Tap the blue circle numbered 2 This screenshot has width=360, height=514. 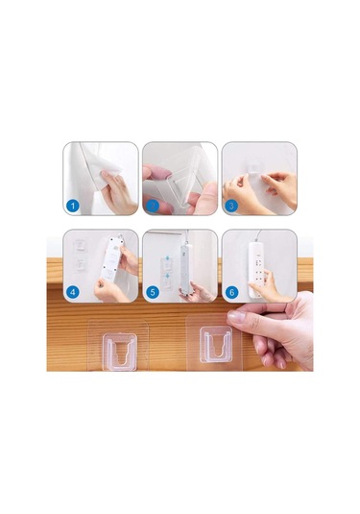[152, 206]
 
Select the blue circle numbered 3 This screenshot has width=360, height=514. [231, 206]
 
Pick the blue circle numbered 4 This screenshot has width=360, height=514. [72, 292]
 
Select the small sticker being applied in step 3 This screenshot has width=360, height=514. [254, 169]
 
